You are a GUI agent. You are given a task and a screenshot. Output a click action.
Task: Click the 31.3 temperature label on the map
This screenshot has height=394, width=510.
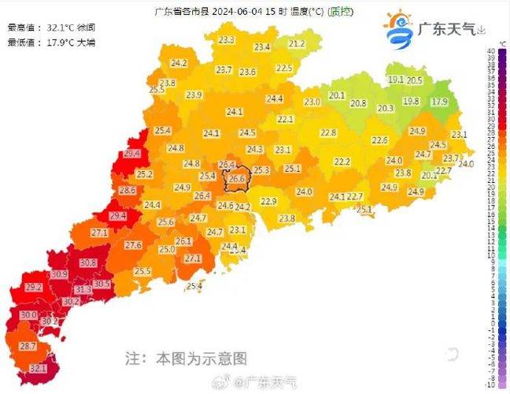pyautogui.click(x=83, y=290)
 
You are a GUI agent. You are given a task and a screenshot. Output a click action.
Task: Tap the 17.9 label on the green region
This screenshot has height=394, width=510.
pyautogui.click(x=438, y=102)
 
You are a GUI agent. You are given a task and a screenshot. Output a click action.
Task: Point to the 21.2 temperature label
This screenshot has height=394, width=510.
pyautogui.click(x=296, y=44)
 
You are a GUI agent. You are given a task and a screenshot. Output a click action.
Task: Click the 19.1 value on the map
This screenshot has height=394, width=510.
pyautogui.click(x=396, y=80)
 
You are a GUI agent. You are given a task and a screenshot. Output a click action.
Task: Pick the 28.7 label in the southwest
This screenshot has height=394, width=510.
pyautogui.click(x=28, y=346)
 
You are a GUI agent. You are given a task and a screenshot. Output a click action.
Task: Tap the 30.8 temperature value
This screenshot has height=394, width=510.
pyautogui.click(x=87, y=263)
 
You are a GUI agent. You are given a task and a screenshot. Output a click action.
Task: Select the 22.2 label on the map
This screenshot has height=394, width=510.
pyautogui.click(x=342, y=162)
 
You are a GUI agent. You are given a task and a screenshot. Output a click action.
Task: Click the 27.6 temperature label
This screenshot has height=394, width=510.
pyautogui.click(x=133, y=246)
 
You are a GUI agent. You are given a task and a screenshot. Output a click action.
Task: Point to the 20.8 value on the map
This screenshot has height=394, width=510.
pyautogui.click(x=358, y=103)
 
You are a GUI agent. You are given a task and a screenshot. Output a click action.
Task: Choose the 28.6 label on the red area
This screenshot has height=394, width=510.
pyautogui.click(x=128, y=191)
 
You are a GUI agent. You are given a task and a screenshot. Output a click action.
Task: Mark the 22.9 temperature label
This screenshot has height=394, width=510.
pyautogui.click(x=268, y=202)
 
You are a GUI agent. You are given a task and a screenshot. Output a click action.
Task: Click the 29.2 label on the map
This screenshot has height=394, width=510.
pyautogui.click(x=34, y=288)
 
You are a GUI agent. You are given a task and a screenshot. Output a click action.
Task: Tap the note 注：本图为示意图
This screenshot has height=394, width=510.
pyautogui.click(x=186, y=359)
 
